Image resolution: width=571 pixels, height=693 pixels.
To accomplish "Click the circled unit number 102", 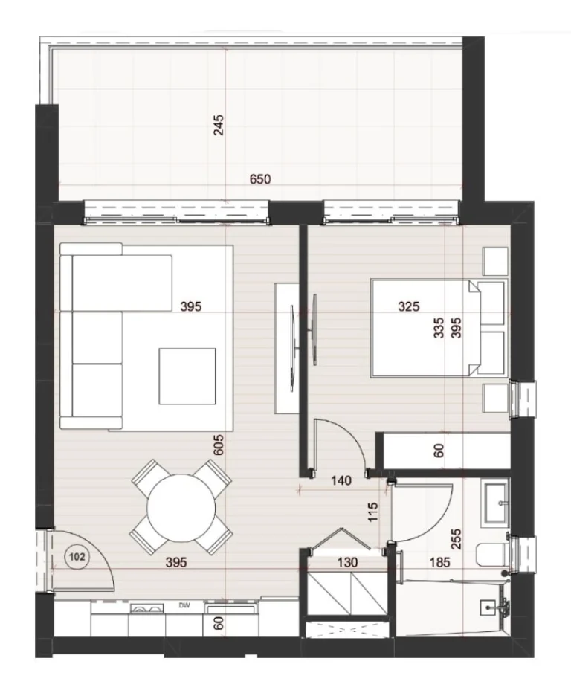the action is [x=77, y=557].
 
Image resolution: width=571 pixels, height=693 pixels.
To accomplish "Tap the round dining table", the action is [x=181, y=509].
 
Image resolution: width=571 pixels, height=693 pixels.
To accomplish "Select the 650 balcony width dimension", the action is [x=260, y=179].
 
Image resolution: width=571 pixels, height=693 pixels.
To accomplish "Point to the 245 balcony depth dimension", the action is [x=219, y=125].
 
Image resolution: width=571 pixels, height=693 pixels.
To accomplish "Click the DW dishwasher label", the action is [x=184, y=605].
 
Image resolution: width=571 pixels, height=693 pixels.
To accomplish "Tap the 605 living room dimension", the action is [x=219, y=445].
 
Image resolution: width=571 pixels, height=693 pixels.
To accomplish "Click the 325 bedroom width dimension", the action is [x=408, y=306].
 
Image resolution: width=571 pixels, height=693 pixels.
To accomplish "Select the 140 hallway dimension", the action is [x=341, y=480].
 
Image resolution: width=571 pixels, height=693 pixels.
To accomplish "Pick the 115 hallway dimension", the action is [x=373, y=512].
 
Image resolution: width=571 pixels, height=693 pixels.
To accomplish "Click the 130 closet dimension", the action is [x=347, y=562].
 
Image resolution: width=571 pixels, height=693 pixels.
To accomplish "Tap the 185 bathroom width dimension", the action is [x=439, y=562].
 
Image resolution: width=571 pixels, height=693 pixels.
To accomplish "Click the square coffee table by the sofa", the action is [x=187, y=376].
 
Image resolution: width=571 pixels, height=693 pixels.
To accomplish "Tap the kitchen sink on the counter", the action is [x=146, y=607].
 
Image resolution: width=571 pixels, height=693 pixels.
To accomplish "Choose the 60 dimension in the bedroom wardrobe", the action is [x=438, y=451].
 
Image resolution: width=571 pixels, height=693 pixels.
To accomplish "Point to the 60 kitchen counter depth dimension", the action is [x=219, y=623].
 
